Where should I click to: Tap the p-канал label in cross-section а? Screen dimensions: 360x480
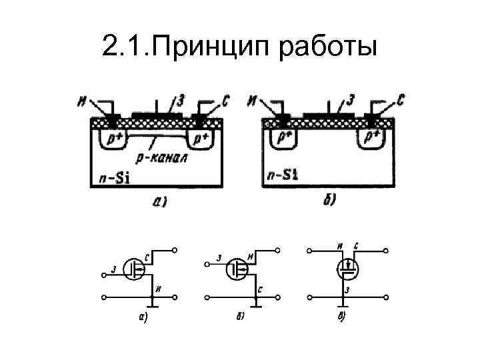click(160, 159)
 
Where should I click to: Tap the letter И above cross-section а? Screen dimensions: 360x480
click(82, 101)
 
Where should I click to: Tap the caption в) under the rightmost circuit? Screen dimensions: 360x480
click(342, 316)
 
